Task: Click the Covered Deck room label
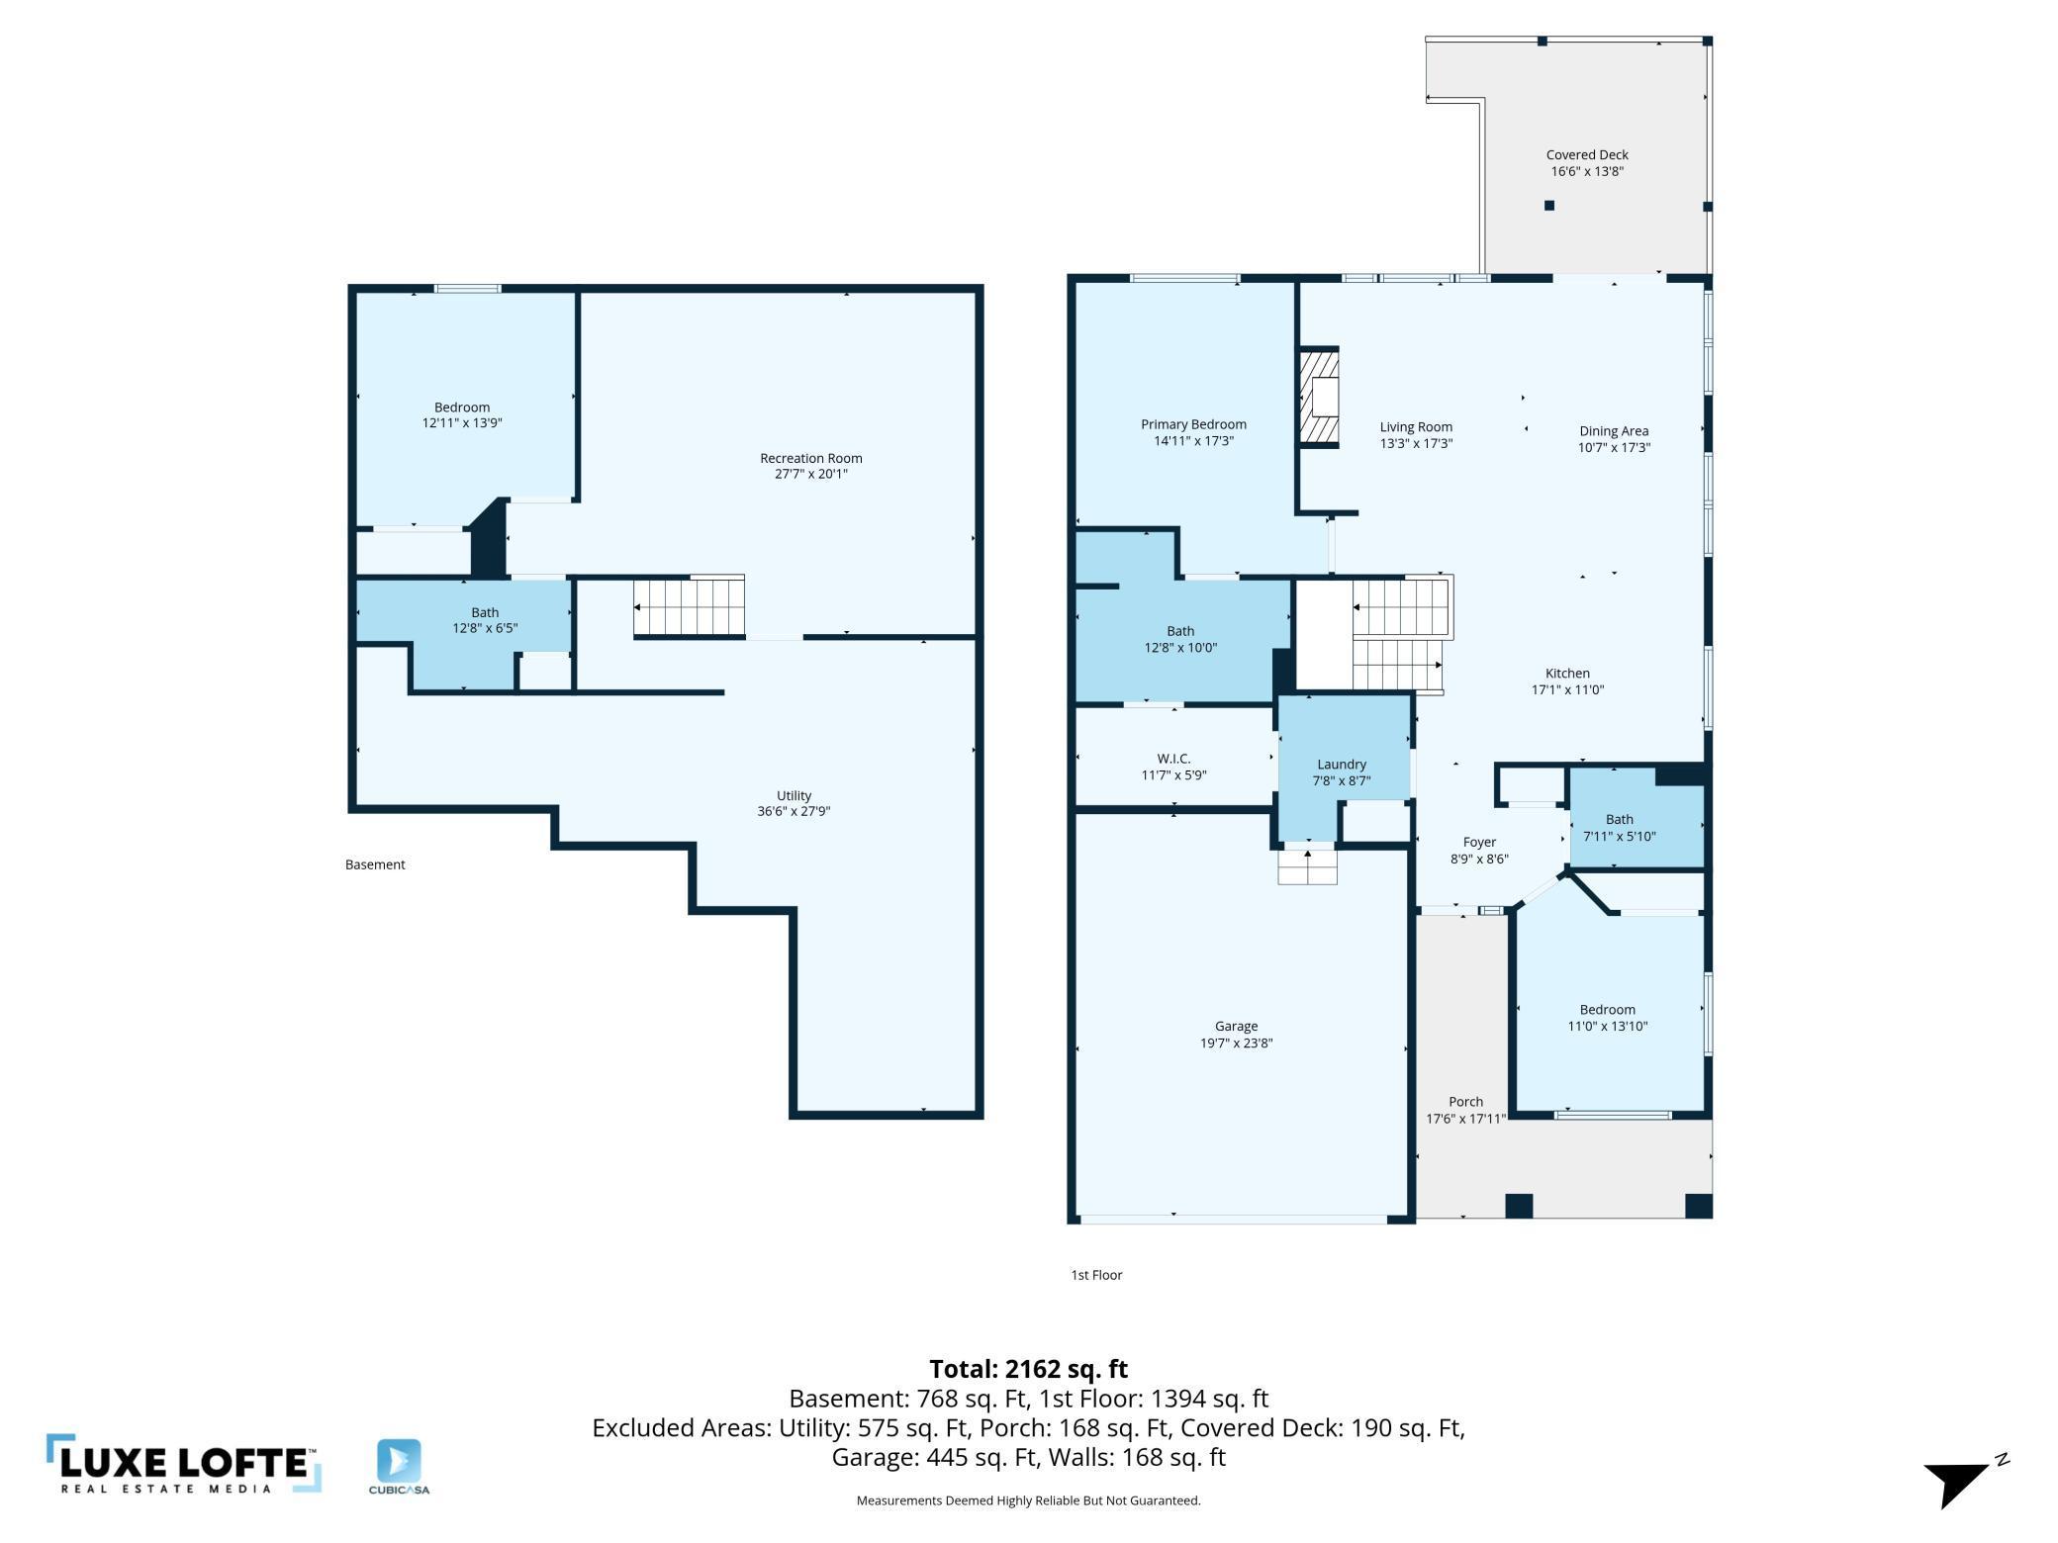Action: pos(1586,154)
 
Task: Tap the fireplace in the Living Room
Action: pos(1320,398)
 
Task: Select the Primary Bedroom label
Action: pos(1193,424)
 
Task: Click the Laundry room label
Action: pos(1341,764)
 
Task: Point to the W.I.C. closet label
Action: pos(1173,759)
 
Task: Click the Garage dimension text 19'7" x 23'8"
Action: pos(1236,1043)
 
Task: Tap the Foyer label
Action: pos(1479,842)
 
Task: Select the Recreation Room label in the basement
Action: pos(810,458)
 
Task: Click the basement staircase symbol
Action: pos(690,606)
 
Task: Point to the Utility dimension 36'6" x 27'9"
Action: pos(793,811)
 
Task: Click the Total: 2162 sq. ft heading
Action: pos(1028,1369)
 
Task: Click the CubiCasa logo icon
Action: pos(399,1461)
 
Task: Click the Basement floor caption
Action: pos(375,864)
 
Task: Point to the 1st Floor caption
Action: pos(1096,1275)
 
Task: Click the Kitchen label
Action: pos(1567,673)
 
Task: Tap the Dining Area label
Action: pos(1613,430)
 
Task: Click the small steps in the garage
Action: pos(1307,867)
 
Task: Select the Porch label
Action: pos(1465,1101)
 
